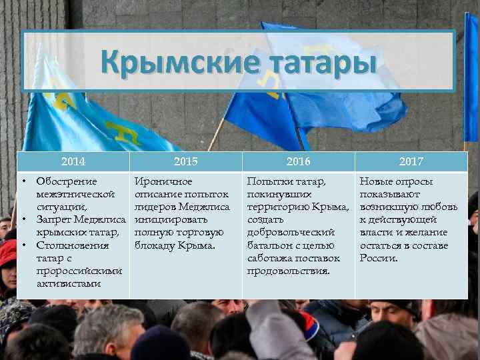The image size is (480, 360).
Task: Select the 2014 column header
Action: (73, 161)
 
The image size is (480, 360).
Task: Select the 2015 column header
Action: (185, 161)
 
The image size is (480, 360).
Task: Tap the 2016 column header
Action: (297, 161)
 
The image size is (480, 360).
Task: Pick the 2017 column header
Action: (411, 161)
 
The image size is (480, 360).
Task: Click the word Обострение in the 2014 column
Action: (66, 181)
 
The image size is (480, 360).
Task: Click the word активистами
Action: (69, 284)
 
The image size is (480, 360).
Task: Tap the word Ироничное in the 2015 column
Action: (163, 181)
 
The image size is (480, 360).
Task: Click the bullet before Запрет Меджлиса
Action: (23, 219)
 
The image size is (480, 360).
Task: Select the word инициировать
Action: (171, 219)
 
